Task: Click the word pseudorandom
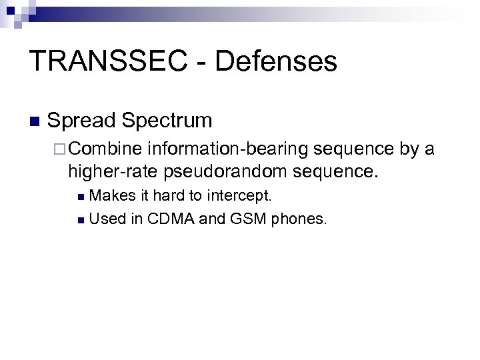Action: click(x=223, y=172)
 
